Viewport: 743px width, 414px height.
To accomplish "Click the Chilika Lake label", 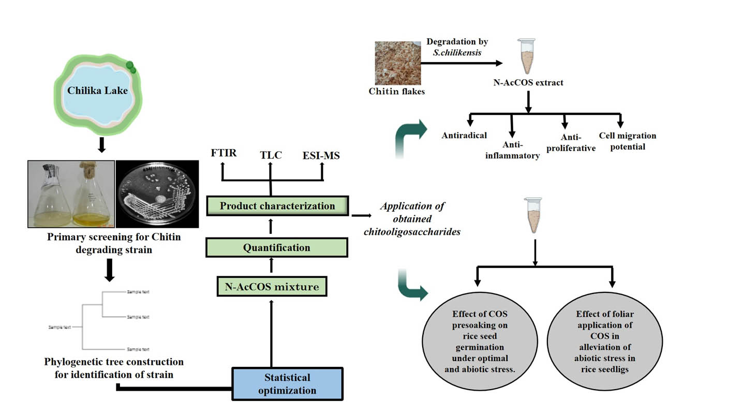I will click(x=97, y=91).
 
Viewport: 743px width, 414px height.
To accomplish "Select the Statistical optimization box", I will click(x=287, y=383).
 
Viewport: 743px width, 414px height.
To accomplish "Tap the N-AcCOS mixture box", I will click(x=272, y=286).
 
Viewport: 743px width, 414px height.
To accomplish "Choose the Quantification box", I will click(x=276, y=247).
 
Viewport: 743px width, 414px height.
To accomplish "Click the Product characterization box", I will click(x=277, y=206).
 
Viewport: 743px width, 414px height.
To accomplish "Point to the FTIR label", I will click(x=223, y=154).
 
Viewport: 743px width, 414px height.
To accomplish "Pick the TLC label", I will click(x=271, y=154).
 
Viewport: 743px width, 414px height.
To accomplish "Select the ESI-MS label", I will click(x=321, y=155).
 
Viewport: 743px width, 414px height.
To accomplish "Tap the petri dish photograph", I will click(x=157, y=194).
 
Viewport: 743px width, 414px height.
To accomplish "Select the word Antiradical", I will click(x=464, y=136).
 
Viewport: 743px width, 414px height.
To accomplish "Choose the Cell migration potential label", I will click(x=627, y=141).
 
